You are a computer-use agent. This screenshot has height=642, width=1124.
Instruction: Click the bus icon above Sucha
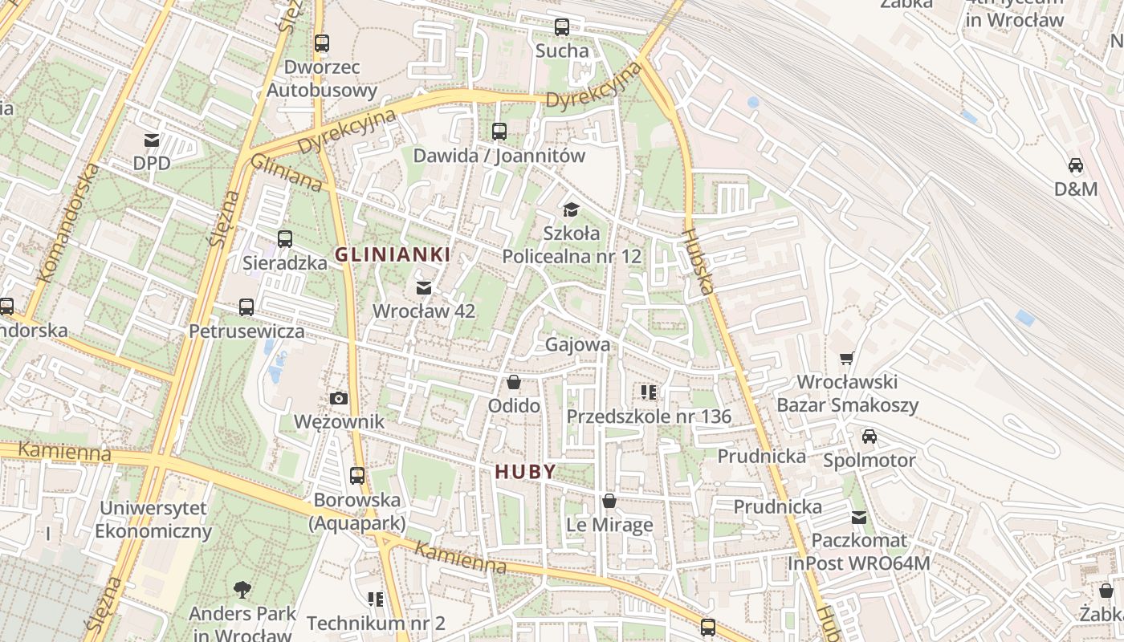tap(562, 27)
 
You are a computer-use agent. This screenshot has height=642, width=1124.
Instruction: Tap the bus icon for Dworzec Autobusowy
tap(322, 43)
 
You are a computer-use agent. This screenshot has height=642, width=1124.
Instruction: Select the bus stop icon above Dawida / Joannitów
tap(499, 132)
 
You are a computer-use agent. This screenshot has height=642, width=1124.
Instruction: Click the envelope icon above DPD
tap(152, 140)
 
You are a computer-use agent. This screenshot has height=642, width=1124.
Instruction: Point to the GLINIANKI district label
tap(392, 255)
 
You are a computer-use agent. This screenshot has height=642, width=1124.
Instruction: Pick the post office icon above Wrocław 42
tap(424, 287)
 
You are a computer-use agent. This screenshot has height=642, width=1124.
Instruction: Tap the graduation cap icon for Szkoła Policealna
tap(571, 210)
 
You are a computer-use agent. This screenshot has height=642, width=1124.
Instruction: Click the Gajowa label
tap(577, 344)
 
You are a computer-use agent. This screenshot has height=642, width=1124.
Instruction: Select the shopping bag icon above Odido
tap(514, 382)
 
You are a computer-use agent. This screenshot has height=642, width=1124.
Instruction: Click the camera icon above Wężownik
tap(339, 398)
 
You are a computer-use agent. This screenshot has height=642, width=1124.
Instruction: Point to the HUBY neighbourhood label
tap(526, 472)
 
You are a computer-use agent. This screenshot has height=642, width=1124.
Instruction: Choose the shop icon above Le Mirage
tap(609, 502)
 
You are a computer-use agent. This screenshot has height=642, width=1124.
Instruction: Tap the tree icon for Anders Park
tap(242, 591)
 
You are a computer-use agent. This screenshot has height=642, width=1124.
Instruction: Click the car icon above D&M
tap(1076, 166)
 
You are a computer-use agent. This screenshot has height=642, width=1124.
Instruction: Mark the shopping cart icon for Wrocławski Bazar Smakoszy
tap(846, 358)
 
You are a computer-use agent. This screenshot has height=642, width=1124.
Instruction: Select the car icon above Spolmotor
tap(869, 437)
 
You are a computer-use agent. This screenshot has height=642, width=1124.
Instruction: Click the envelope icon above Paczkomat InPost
tap(859, 517)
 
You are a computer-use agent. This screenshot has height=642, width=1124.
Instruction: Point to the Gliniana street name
tap(287, 173)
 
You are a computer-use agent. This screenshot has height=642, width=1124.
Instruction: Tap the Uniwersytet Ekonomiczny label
tap(153, 519)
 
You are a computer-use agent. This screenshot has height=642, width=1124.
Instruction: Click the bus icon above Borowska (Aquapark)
tap(357, 476)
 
